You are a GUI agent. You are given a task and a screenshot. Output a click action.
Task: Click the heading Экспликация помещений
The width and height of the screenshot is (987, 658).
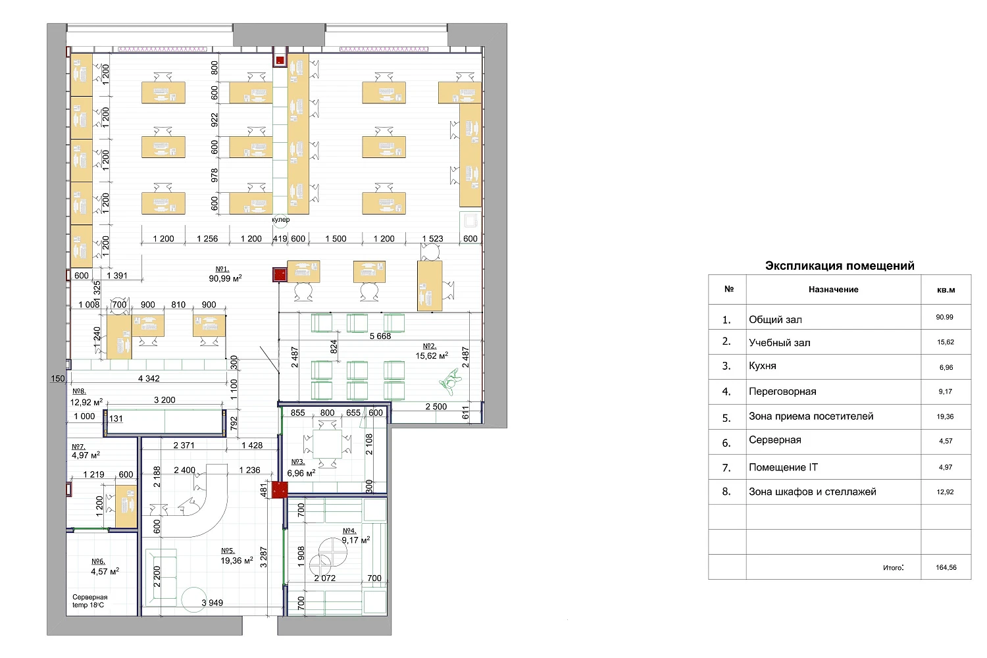(840, 266)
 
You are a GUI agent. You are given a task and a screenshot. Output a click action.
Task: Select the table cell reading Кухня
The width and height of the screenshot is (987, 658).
(763, 366)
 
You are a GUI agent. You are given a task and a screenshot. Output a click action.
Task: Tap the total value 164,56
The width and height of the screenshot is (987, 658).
(946, 567)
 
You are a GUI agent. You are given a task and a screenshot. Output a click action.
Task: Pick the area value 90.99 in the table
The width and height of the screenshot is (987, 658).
(945, 317)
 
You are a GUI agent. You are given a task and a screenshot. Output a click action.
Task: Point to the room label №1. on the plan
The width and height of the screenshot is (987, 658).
(222, 268)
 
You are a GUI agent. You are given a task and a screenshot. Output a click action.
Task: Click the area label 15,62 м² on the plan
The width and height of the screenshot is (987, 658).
(432, 356)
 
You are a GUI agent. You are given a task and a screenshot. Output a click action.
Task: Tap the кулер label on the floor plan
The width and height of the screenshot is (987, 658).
(281, 220)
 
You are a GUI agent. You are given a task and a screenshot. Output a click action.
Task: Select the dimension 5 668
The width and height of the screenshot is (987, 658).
(380, 336)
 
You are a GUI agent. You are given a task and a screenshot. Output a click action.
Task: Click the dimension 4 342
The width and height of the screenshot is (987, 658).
(149, 378)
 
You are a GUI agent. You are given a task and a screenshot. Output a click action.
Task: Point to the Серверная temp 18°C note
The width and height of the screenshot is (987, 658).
(89, 601)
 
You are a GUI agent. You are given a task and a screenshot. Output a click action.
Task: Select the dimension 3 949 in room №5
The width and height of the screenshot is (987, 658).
(213, 603)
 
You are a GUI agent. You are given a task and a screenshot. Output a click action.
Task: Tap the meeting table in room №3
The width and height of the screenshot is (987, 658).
(327, 444)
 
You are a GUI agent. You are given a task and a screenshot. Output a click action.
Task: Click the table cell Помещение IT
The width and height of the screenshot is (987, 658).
(783, 467)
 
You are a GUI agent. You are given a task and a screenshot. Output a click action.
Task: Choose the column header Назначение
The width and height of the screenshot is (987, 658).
(833, 290)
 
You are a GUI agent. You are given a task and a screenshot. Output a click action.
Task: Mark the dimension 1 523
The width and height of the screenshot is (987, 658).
(432, 239)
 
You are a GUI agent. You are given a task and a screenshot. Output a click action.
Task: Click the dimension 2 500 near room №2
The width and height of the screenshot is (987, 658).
(436, 407)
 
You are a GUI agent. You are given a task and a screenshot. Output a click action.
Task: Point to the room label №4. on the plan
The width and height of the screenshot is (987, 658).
(349, 530)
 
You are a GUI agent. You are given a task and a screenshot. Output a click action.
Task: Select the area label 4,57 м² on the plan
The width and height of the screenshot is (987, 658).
(105, 572)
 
